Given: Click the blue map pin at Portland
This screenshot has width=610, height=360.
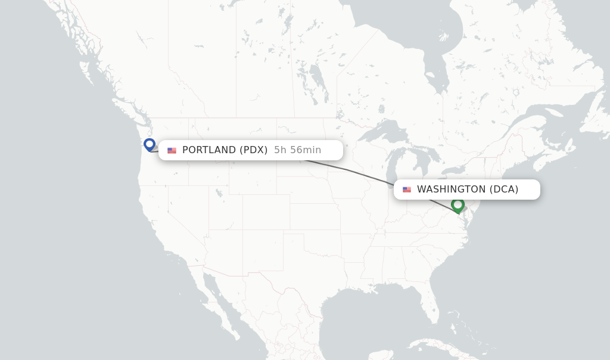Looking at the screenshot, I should click(150, 144).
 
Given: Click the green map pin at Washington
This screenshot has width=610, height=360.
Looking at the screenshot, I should click(457, 205).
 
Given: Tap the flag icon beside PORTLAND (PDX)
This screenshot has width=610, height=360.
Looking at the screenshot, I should click(172, 150).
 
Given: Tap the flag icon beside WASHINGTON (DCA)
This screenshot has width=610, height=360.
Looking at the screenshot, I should click(407, 190).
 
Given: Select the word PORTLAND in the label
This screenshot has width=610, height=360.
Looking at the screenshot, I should click(209, 150).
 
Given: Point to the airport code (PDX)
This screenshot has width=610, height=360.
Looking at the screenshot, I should click(254, 150).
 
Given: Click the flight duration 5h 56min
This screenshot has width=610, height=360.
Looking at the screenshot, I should click(297, 150).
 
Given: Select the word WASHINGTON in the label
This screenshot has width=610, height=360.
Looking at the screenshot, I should click(451, 190).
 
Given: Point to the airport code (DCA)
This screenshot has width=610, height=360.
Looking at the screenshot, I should click(504, 190).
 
